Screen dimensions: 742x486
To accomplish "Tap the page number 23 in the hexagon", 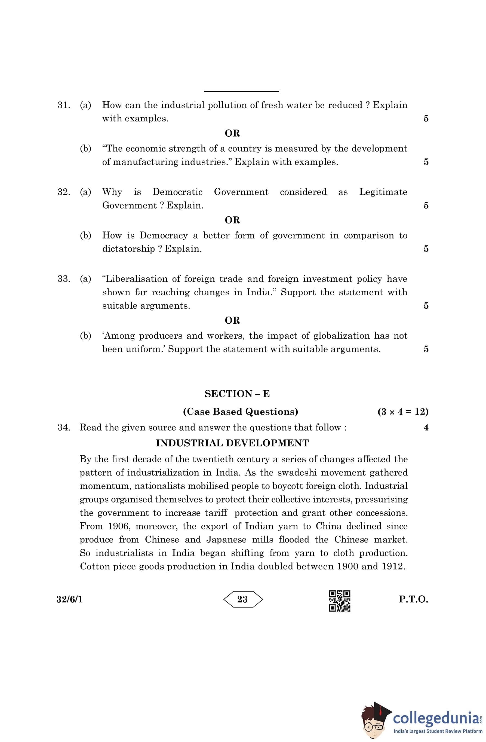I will tap(242, 599).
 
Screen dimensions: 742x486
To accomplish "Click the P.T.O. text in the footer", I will tap(413, 599).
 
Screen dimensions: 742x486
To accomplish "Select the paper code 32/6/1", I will tap(69, 599).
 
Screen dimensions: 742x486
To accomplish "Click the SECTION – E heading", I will tap(237, 394).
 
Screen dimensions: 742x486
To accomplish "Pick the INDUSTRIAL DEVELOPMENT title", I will tap(232, 443).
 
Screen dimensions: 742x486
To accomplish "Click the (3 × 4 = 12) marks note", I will tap(403, 412).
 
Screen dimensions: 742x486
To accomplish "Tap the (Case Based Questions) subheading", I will tap(240, 412).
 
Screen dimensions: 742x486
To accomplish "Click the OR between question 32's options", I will tap(232, 220).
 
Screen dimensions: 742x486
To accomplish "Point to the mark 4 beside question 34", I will tap(426, 427).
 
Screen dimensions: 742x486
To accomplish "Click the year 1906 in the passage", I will tap(118, 526).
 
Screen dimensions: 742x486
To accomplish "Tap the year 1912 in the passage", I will tap(393, 566).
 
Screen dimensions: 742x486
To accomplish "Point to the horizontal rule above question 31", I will tap(241, 91).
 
